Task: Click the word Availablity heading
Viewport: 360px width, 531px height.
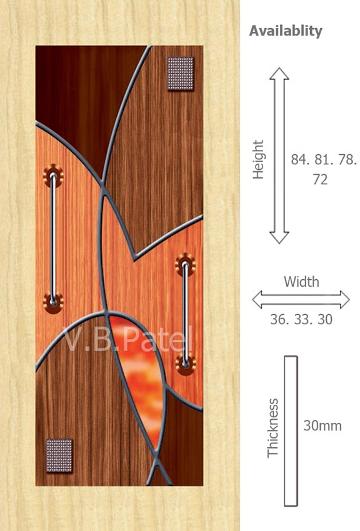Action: click(x=286, y=31)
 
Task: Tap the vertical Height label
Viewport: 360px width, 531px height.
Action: click(x=258, y=159)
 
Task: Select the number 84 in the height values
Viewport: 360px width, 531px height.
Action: click(x=298, y=159)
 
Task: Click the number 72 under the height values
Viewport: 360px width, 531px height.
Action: click(x=321, y=179)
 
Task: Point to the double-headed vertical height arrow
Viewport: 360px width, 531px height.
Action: click(x=279, y=156)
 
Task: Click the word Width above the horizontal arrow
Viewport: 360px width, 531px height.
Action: click(x=301, y=282)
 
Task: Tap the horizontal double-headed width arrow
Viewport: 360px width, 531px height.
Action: click(x=301, y=299)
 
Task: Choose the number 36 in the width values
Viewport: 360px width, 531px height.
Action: click(x=277, y=319)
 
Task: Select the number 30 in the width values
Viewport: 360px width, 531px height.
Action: click(x=325, y=319)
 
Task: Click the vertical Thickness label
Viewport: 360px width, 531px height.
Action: click(x=273, y=428)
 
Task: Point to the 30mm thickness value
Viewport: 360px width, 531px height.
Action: click(x=322, y=425)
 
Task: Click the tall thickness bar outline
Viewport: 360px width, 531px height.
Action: click(x=291, y=431)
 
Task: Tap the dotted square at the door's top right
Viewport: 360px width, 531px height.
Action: click(x=181, y=74)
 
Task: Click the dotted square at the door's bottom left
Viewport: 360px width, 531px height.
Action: click(x=59, y=455)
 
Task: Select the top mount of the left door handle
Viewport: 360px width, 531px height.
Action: click(x=53, y=176)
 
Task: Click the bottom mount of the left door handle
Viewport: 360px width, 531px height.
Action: click(x=53, y=302)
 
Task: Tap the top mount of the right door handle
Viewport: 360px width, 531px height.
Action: click(x=185, y=264)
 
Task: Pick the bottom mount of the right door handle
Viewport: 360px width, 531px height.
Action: click(x=185, y=364)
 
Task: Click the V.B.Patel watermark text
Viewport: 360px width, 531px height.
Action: click(x=127, y=339)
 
